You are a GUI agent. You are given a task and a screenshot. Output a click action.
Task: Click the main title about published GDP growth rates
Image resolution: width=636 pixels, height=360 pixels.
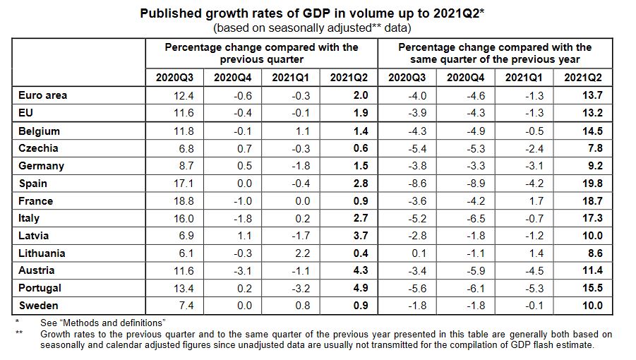click(x=317, y=13)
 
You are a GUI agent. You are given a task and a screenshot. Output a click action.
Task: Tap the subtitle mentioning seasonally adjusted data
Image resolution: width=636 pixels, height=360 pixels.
click(x=317, y=28)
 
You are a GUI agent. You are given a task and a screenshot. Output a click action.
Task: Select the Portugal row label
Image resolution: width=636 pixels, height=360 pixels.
click(x=40, y=288)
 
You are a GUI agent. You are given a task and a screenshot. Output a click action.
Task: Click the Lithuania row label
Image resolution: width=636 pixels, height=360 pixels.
click(x=42, y=253)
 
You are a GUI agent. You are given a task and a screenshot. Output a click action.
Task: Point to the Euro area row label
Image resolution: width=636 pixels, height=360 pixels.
click(x=43, y=95)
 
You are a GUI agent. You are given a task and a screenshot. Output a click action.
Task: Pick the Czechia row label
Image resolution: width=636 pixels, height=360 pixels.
click(x=39, y=148)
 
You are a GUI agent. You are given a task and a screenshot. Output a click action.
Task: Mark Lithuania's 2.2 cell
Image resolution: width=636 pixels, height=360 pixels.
click(x=292, y=253)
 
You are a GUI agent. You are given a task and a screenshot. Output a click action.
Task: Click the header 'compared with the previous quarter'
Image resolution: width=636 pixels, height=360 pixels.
click(x=262, y=54)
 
